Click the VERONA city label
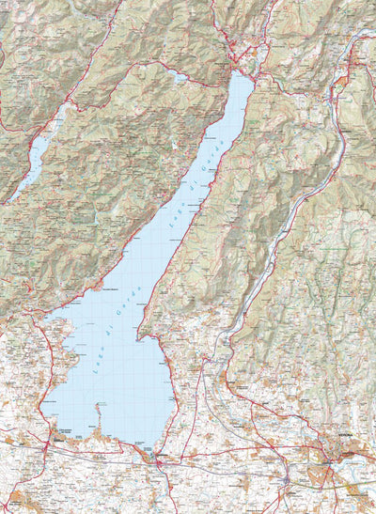pyautogui.click(x=351, y=453)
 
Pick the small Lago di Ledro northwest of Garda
pyautogui.click(x=180, y=78)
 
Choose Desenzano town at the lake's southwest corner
pyautogui.click(x=58, y=437)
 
